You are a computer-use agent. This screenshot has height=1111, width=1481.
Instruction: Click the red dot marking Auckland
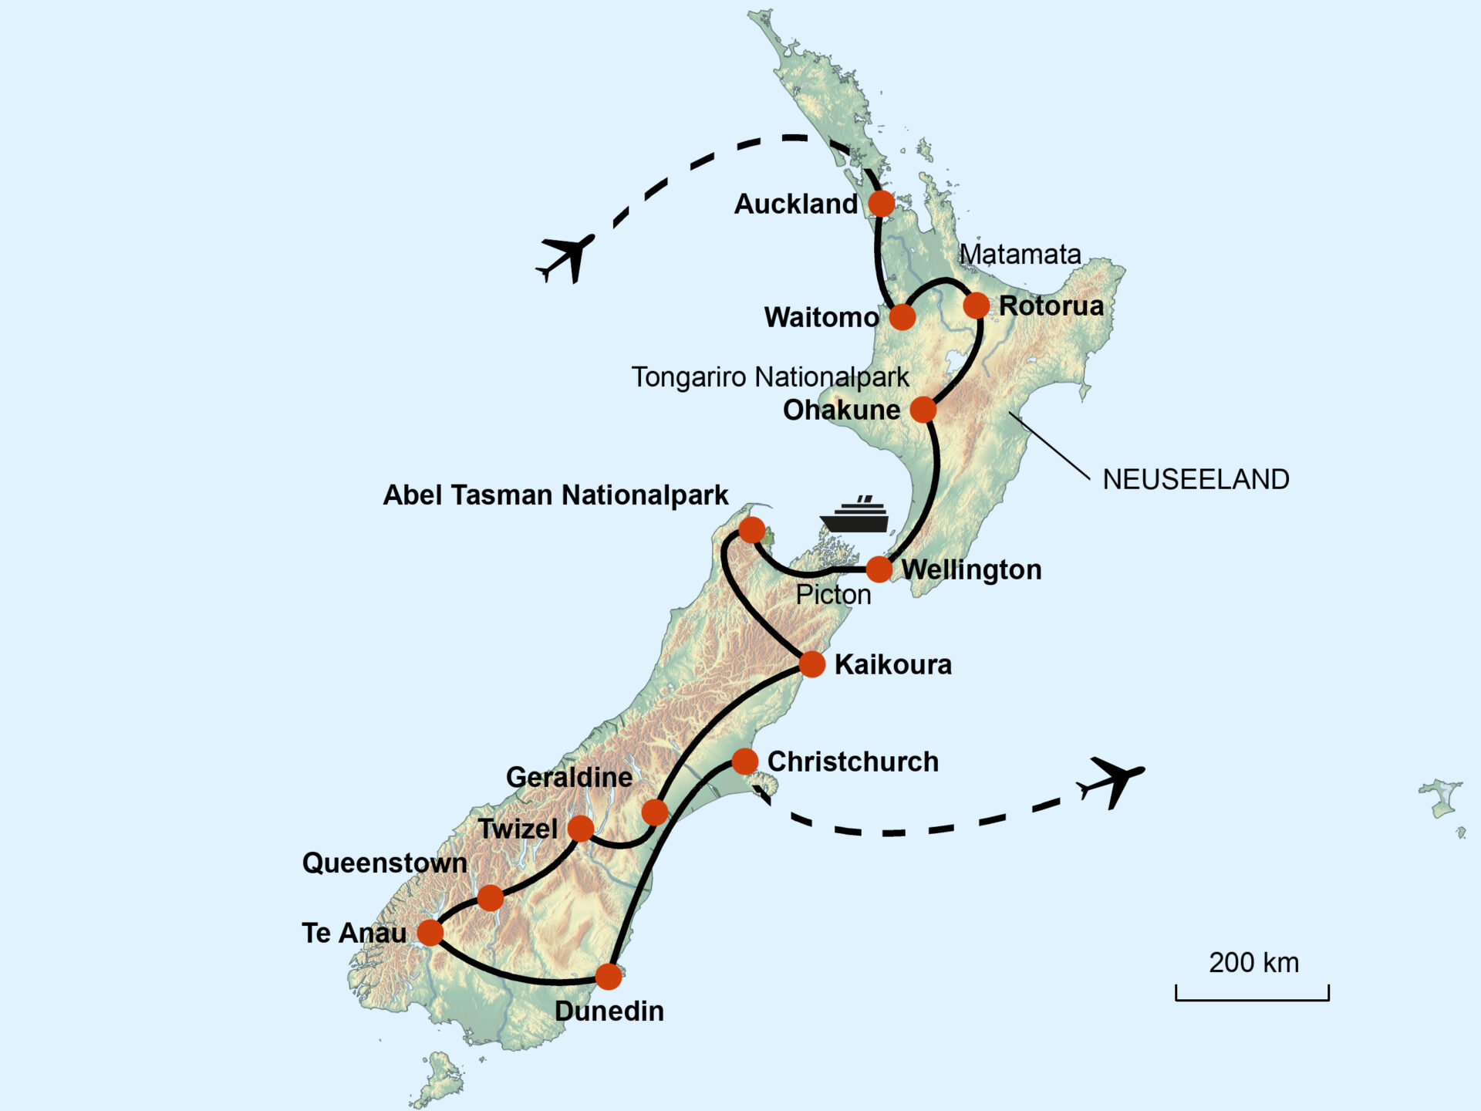881,204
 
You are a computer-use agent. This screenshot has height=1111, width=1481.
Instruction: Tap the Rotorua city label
1051,306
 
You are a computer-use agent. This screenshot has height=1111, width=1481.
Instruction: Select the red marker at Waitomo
902,316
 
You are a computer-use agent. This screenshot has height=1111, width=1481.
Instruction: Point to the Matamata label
1019,254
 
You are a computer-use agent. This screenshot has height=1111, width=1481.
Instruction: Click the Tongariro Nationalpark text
770,377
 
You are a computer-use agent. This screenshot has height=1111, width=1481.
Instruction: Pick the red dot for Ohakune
923,410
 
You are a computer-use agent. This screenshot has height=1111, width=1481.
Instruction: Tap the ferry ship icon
855,515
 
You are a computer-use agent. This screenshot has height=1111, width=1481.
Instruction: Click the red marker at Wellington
879,569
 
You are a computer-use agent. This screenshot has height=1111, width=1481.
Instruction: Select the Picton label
833,595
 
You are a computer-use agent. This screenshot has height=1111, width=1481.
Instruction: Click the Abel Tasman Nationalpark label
555,495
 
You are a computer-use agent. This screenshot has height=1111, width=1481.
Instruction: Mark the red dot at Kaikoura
811,664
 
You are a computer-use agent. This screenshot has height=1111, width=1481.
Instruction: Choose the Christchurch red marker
744,761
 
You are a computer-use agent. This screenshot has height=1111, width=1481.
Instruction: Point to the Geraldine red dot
654,812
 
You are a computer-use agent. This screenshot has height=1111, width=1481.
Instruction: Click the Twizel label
518,829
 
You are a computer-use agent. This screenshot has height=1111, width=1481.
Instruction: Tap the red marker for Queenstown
490,897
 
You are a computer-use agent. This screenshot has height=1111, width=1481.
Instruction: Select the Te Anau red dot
430,932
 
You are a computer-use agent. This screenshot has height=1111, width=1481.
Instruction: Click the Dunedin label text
609,1011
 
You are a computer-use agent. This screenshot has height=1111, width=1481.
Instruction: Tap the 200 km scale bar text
1253,963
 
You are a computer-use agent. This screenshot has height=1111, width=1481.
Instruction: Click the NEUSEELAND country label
1196,479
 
